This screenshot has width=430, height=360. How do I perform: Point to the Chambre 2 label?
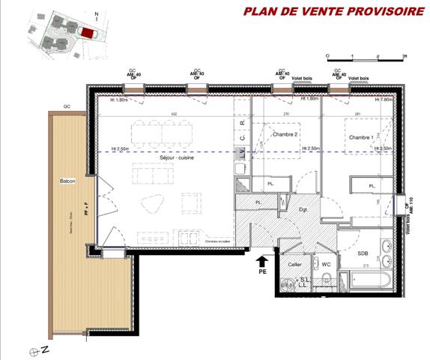coord(285,134)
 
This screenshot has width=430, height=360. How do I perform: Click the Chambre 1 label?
coord(361,137)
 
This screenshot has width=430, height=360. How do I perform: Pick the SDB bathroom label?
coord(363,253)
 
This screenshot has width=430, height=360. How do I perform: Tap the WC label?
coord(326,265)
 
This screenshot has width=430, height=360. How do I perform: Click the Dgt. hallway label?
coord(304,210)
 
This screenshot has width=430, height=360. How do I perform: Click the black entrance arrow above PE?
coord(261,262)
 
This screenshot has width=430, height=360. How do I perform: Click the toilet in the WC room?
coord(326,283)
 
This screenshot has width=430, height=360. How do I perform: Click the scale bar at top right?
coord(366,55)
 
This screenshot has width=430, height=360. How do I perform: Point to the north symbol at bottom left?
coord(34,350)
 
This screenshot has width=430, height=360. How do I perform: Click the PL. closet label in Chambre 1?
coord(372,185)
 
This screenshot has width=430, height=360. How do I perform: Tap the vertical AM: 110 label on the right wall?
coord(411,206)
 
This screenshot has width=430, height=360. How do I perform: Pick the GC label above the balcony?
coord(66,106)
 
